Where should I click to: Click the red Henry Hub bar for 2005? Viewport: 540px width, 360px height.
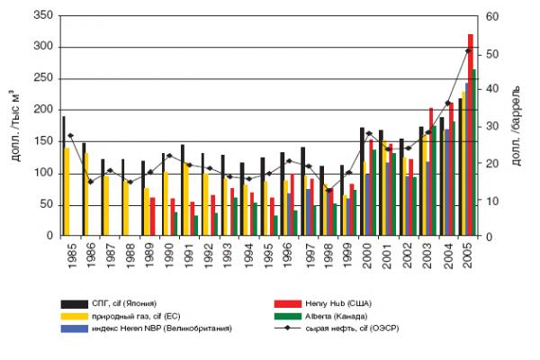pyautogui.click(x=471, y=135)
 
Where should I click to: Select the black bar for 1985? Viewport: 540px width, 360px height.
pyautogui.click(x=63, y=175)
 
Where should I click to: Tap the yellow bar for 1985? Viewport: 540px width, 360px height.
pyautogui.click(x=67, y=191)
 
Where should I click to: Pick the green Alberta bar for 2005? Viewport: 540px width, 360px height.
pyautogui.click(x=475, y=153)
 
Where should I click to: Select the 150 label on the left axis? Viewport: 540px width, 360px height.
pyautogui.click(x=40, y=141)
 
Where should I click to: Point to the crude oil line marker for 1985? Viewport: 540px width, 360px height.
pyautogui.click(x=70, y=135)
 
